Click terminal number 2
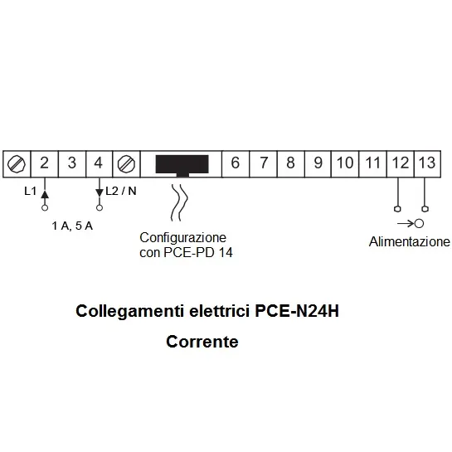pyautogui.click(x=44, y=163)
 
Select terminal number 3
pyautogui.click(x=72, y=163)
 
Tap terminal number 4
pyautogui.click(x=99, y=163)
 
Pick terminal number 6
pyautogui.click(x=236, y=163)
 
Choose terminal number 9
pyautogui.click(x=318, y=163)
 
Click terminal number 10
pyautogui.click(x=345, y=163)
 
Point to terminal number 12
pyautogui.click(x=401, y=163)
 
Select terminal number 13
pyautogui.click(x=427, y=163)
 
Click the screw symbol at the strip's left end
pyautogui.click(x=17, y=163)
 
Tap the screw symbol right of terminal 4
pyautogui.click(x=126, y=163)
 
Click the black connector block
pyautogui.click(x=182, y=166)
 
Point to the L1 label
pyautogui.click(x=30, y=191)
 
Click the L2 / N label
pyautogui.click(x=121, y=191)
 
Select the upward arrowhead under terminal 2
pyautogui.click(x=45, y=194)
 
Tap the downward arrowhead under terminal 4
pyautogui.click(x=100, y=192)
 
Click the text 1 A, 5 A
pyautogui.click(x=72, y=226)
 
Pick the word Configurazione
pyautogui.click(x=183, y=238)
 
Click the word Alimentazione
pyautogui.click(x=410, y=241)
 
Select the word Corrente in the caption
pyautogui.click(x=202, y=342)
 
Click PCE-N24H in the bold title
pyautogui.click(x=297, y=311)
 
